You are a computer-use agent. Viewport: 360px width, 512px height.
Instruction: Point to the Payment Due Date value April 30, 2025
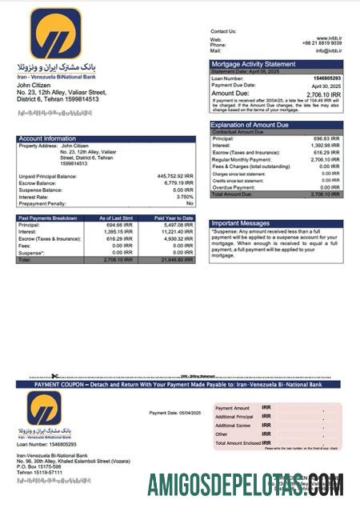(326, 86)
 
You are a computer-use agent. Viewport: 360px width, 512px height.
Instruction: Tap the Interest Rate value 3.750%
(185, 196)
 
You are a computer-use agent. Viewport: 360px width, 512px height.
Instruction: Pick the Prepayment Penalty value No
(190, 202)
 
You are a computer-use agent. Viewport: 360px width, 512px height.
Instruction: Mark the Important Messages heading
(240, 224)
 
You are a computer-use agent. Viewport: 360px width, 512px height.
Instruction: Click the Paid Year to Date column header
(174, 218)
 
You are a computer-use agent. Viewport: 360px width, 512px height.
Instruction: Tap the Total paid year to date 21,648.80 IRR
(177, 260)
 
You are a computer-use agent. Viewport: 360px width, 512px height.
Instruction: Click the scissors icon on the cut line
(54, 376)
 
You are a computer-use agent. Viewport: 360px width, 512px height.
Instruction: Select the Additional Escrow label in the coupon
(234, 426)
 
